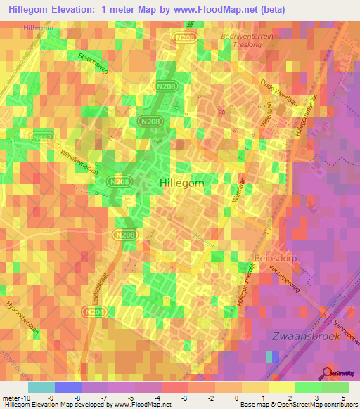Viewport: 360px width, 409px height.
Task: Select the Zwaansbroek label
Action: (x=306, y=336)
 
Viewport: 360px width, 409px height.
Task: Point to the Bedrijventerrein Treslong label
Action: (x=259, y=38)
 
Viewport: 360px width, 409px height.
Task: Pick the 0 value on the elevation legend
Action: (x=237, y=397)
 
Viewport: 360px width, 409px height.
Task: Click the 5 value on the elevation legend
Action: (x=344, y=397)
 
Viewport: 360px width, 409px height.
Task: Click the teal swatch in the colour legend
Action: (x=41, y=387)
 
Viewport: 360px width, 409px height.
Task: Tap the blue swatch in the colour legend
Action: (x=67, y=387)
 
